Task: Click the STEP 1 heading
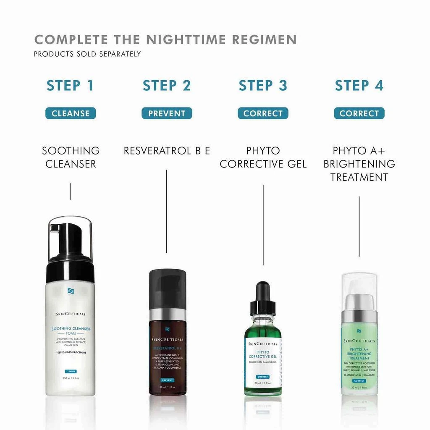(70, 85)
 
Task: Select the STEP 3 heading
(263, 85)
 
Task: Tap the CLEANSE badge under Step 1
(71, 113)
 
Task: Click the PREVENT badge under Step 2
(167, 113)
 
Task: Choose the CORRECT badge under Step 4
(359, 113)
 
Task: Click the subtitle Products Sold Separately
(87, 54)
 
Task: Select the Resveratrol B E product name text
(167, 151)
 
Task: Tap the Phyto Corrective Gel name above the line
(263, 157)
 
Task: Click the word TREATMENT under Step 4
(359, 177)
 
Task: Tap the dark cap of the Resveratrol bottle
(168, 288)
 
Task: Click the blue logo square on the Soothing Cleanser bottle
(71, 291)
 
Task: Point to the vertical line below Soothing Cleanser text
(71, 191)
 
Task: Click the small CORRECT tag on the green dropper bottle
(262, 377)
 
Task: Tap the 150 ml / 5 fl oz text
(71, 378)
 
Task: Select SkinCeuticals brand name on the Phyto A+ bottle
(359, 341)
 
